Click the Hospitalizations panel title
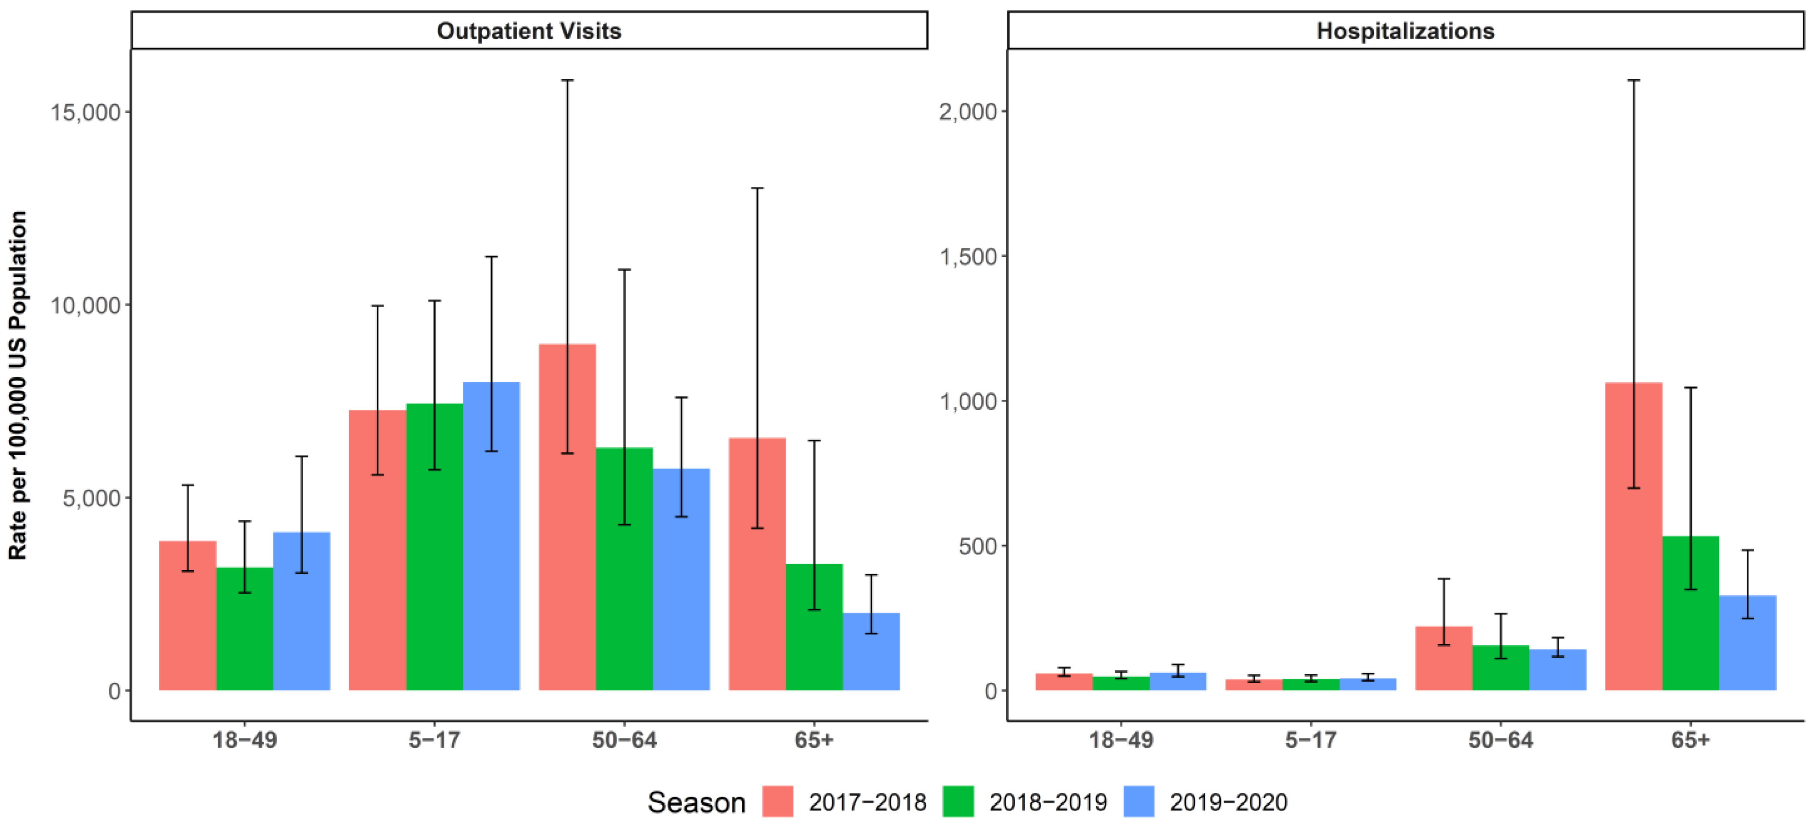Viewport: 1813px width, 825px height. click(x=1405, y=31)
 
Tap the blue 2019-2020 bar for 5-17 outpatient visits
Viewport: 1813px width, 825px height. click(x=491, y=549)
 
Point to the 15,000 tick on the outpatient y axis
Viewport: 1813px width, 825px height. click(x=85, y=112)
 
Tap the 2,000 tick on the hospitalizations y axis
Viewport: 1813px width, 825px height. click(x=968, y=112)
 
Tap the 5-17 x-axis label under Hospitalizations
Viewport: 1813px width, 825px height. click(x=1310, y=740)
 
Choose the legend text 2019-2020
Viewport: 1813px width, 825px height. click(x=1228, y=802)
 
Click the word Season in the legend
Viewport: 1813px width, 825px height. click(x=696, y=802)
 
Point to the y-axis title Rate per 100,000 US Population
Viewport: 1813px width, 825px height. click(x=18, y=385)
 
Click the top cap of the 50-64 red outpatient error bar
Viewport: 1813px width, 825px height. click(x=567, y=80)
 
